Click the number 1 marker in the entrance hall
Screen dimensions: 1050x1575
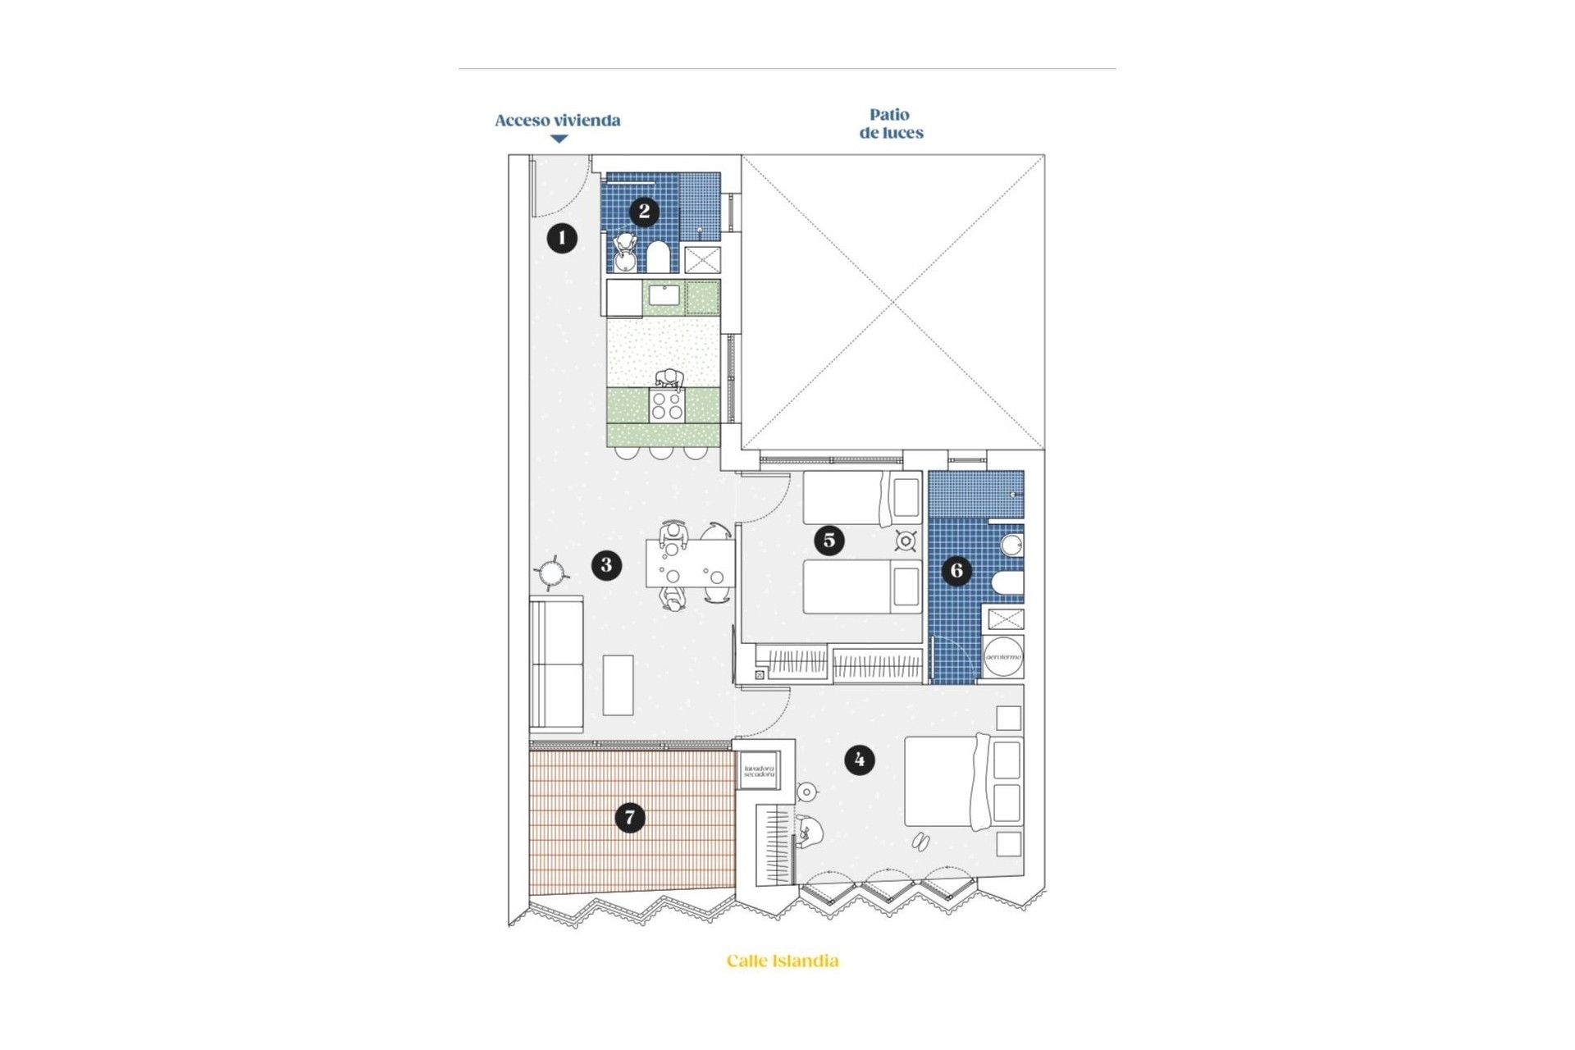(562, 238)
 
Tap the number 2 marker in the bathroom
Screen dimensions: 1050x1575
(644, 212)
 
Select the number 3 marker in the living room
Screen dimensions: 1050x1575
(606, 564)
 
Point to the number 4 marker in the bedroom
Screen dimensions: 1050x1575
(859, 760)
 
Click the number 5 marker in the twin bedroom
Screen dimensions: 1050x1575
(829, 540)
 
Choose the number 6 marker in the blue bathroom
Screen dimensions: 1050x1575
(956, 570)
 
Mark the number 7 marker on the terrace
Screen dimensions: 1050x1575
(630, 817)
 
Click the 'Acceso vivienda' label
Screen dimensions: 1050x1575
(557, 121)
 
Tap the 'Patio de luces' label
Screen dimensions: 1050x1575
(891, 124)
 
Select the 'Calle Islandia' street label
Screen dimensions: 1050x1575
(783, 961)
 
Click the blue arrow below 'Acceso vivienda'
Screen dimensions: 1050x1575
(559, 139)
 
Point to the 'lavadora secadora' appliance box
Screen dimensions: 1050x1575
(759, 772)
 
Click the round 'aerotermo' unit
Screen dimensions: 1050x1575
(1003, 657)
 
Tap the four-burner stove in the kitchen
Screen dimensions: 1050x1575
(666, 406)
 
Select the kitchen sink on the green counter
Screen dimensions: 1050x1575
(664, 295)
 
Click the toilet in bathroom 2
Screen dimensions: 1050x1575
(658, 257)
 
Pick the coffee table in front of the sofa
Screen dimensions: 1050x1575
(618, 685)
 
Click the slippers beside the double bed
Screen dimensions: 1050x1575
(920, 841)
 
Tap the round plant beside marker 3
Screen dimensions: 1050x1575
(550, 572)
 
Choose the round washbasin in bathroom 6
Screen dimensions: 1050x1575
(1011, 546)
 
